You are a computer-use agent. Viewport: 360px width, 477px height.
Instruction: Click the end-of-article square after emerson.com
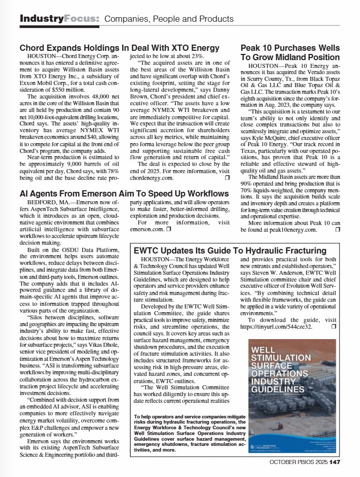click(169, 229)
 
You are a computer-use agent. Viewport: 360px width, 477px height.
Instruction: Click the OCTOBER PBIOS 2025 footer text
click(298, 462)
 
